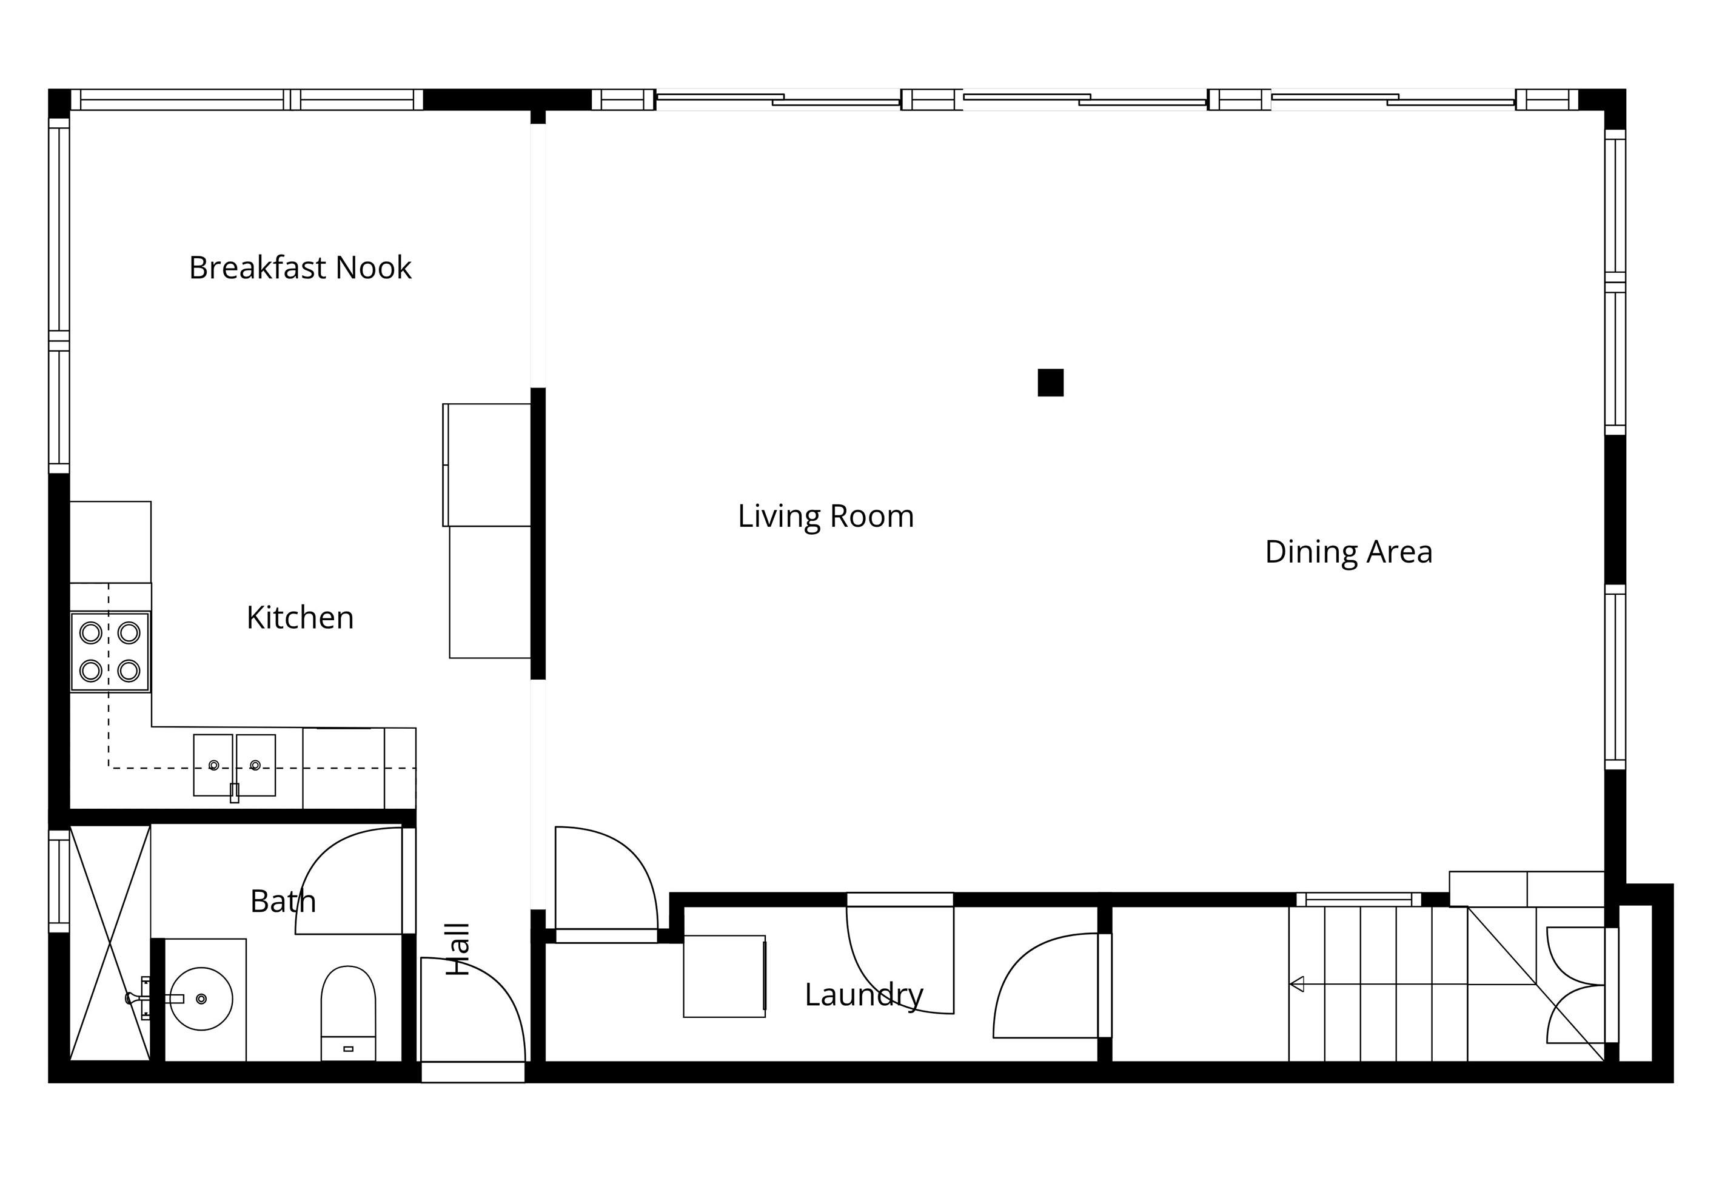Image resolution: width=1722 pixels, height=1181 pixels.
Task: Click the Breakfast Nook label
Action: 300,267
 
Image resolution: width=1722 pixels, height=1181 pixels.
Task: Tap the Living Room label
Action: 825,517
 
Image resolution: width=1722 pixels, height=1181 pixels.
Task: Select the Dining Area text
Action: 1348,552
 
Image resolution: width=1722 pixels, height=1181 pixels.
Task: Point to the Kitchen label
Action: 300,617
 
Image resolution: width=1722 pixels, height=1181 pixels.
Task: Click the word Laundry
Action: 864,995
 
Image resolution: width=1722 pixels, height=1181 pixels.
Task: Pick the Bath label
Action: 283,902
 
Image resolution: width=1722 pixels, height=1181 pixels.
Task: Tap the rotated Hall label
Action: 458,949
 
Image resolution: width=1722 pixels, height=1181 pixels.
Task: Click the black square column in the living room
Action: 1050,383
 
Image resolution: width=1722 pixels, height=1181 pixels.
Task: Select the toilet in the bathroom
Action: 348,1013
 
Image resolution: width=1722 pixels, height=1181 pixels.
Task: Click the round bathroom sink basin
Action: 201,999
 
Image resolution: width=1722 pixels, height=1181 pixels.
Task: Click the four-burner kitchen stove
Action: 110,652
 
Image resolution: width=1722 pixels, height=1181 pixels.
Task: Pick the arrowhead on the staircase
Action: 1297,984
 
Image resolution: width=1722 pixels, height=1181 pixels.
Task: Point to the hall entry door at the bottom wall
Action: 473,1011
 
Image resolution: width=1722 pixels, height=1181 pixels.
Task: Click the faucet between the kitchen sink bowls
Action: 235,793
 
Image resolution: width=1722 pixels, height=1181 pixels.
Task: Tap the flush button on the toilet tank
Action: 348,1049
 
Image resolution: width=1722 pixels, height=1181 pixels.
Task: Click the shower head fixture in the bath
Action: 137,999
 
